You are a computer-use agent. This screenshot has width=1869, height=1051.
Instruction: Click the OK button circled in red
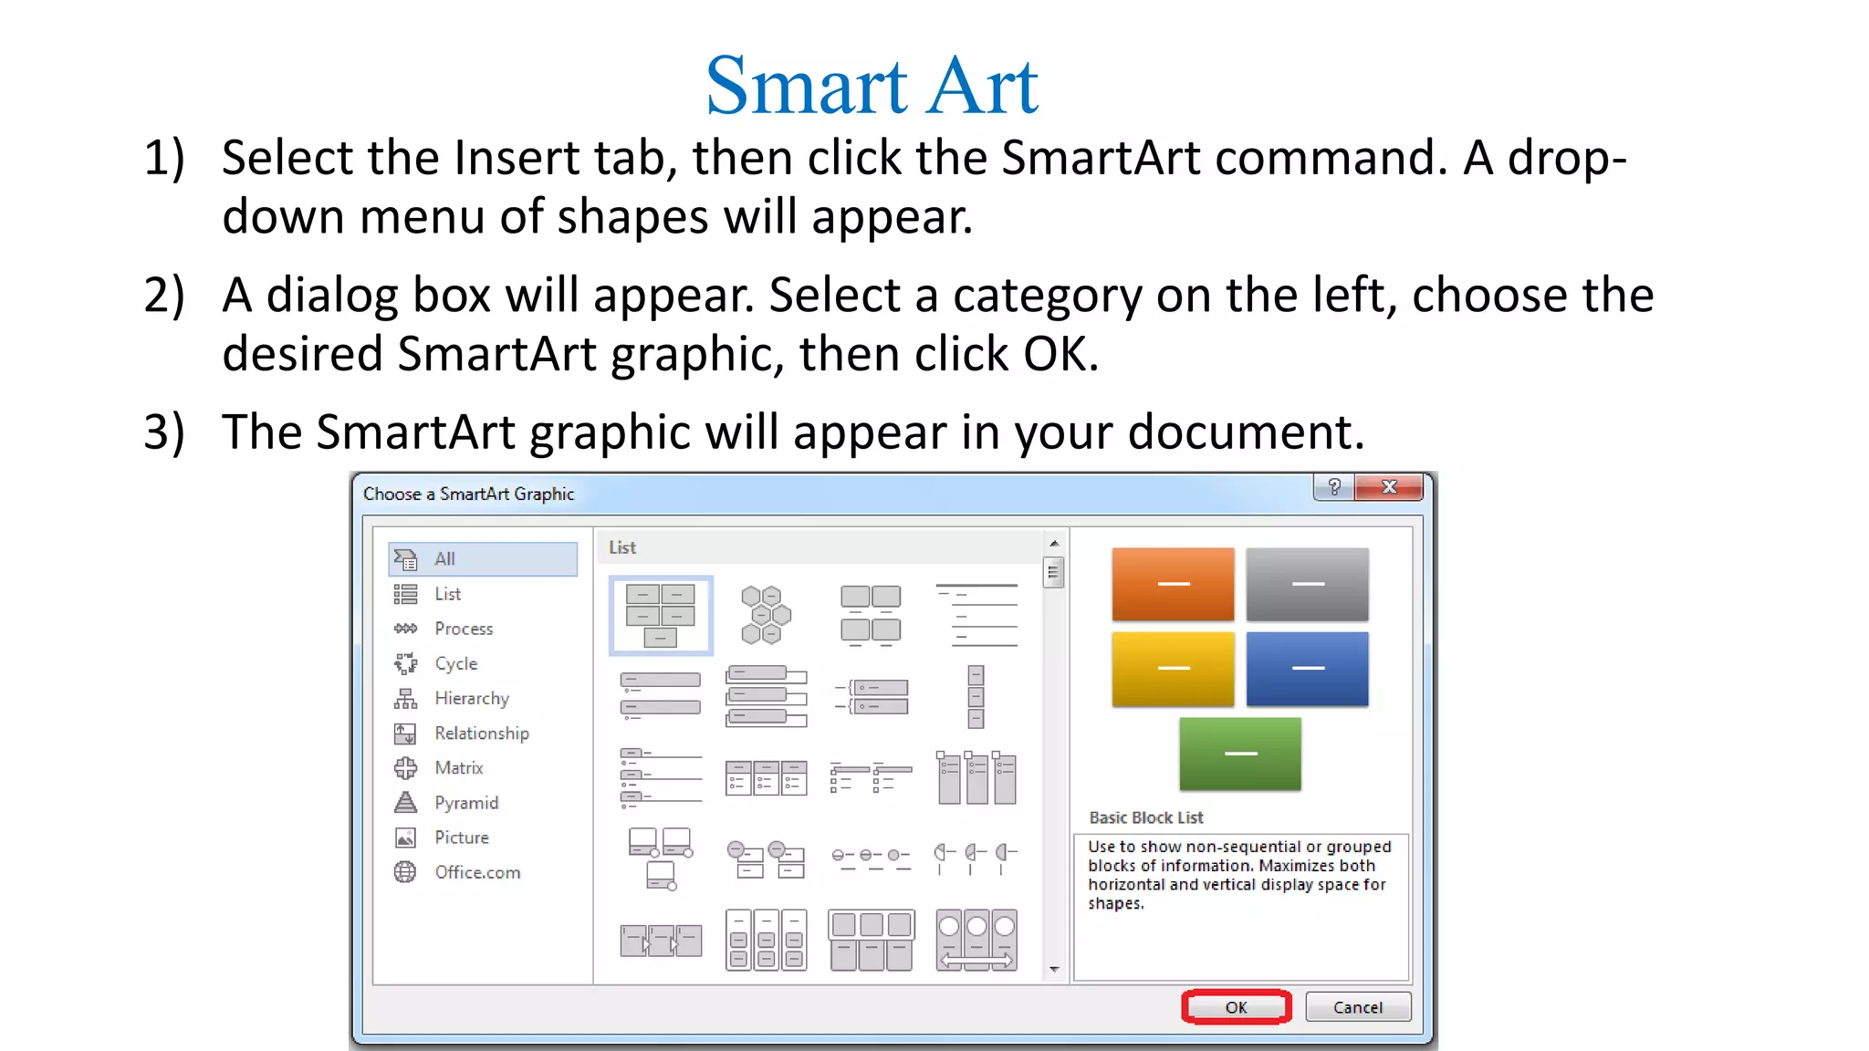point(1236,1007)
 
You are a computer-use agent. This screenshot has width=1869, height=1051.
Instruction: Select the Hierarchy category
point(471,699)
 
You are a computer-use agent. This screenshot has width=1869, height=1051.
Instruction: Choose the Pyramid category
point(465,803)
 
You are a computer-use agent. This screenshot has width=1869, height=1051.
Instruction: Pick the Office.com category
point(476,872)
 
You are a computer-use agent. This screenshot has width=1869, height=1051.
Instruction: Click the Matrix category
point(458,768)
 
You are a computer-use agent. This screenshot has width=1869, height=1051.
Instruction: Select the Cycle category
point(455,664)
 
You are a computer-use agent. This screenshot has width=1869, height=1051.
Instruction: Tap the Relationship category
point(481,734)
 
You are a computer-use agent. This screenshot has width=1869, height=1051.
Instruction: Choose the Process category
point(463,629)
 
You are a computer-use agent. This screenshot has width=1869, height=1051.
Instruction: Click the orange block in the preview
point(1173,584)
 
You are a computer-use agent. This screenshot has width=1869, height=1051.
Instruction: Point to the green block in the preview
point(1240,754)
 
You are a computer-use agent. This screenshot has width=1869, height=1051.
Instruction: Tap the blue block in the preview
point(1307,669)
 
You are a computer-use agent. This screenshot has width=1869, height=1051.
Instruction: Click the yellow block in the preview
point(1173,669)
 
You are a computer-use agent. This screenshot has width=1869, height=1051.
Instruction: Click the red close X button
point(1389,487)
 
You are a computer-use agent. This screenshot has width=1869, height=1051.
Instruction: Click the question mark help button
point(1334,487)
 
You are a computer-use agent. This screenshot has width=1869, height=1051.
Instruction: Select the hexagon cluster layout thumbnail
point(766,615)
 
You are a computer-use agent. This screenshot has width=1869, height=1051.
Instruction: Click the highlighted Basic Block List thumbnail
point(661,615)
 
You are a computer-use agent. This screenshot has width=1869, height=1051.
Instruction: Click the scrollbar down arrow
point(1054,970)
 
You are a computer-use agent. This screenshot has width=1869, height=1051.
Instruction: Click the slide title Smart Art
point(872,86)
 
